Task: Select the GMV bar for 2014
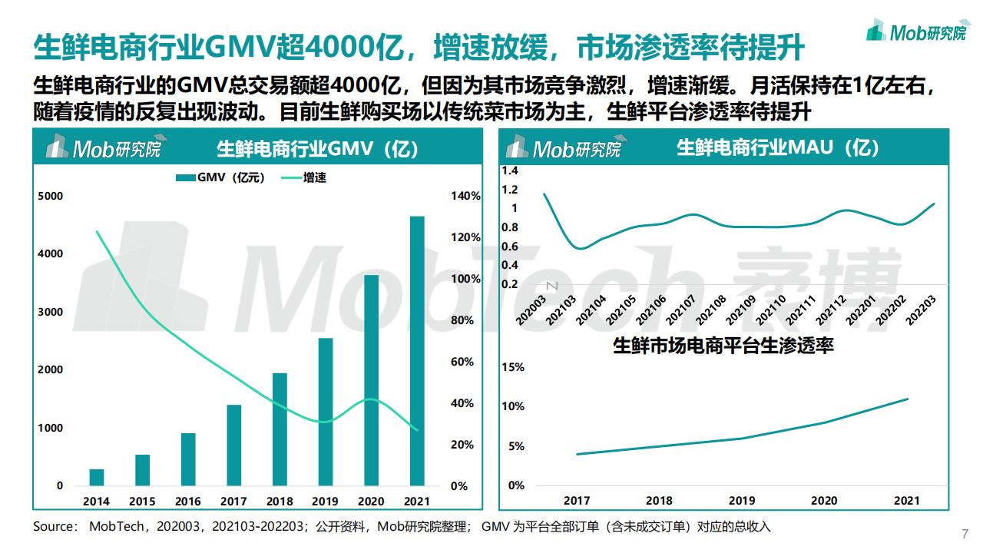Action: coord(97,477)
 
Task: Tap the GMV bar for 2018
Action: coord(280,429)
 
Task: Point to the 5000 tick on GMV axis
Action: coord(51,196)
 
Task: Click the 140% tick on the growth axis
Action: coord(465,196)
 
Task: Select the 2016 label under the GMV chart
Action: coord(188,502)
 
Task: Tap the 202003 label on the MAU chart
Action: coord(531,310)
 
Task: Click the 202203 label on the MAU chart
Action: coord(921,310)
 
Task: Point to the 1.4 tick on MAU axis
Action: coord(510,171)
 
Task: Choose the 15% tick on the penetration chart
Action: coord(512,367)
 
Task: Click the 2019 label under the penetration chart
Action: coord(742,501)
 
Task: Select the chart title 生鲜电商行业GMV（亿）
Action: coord(318,148)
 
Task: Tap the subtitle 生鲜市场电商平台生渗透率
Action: coord(723,346)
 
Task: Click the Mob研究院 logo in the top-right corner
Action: coord(916,31)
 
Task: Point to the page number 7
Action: coord(965,535)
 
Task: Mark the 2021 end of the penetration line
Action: coord(908,399)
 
